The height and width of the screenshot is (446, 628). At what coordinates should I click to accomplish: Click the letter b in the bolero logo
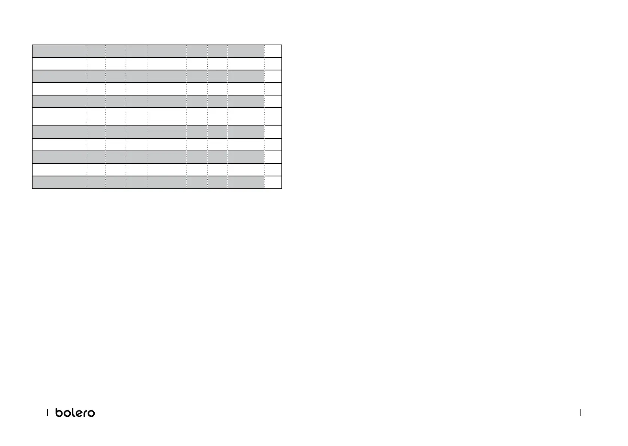point(59,412)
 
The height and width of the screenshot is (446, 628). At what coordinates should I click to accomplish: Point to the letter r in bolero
point(83,413)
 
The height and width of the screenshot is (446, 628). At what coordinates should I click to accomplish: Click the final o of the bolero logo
point(91,413)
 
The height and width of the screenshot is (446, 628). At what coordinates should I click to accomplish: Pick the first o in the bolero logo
point(66,413)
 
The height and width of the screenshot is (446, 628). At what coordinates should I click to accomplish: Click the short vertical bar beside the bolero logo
point(48,413)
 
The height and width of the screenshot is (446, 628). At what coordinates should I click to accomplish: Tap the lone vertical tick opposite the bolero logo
point(580,413)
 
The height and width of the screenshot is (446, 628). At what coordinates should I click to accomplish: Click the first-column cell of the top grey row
point(60,51)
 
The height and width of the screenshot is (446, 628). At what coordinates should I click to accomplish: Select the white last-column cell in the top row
point(273,51)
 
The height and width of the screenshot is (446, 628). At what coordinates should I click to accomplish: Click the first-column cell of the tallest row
point(60,116)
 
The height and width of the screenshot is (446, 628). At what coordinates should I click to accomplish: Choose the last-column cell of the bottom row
point(273,182)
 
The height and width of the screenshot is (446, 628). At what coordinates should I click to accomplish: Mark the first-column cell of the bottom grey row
point(60,182)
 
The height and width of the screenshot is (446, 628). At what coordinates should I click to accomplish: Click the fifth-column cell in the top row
point(167,51)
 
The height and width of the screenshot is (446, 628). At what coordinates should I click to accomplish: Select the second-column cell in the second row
point(96,64)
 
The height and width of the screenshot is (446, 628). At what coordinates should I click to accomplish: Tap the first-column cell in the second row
point(60,64)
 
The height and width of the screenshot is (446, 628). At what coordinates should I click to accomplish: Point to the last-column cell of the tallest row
point(273,116)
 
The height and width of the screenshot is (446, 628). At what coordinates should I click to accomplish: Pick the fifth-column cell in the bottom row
point(167,182)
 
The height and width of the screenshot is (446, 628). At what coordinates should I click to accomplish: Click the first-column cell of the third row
point(60,76)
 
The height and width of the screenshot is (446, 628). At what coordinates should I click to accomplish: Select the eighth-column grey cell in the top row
point(246,51)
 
